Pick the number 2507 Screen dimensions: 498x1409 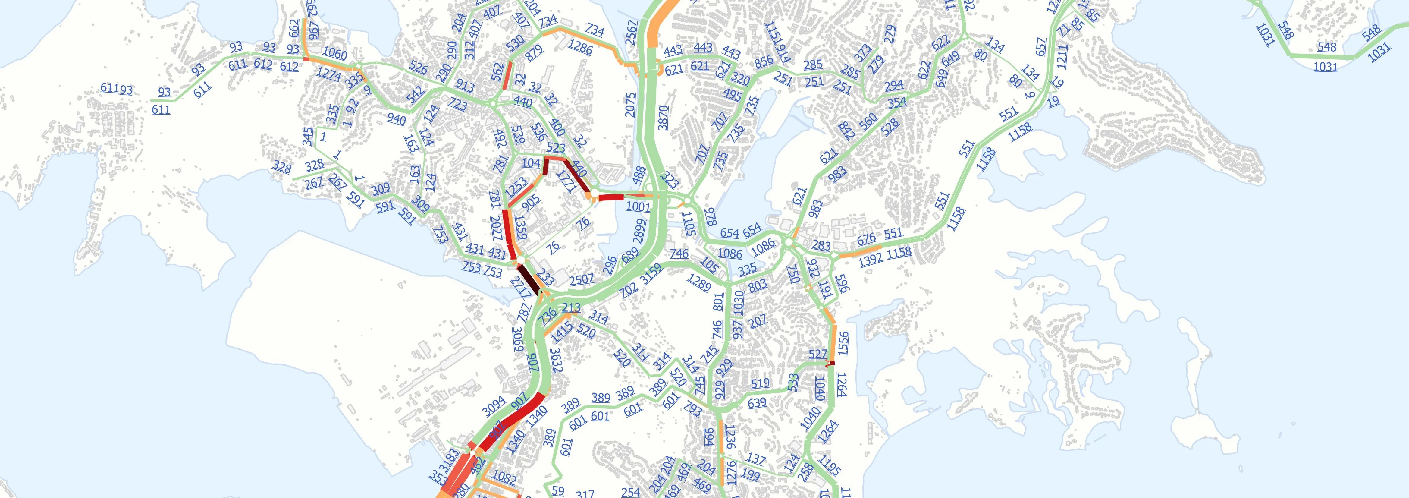[x=582, y=279]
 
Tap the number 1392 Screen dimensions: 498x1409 [x=871, y=259]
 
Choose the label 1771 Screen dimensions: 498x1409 [x=567, y=181]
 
